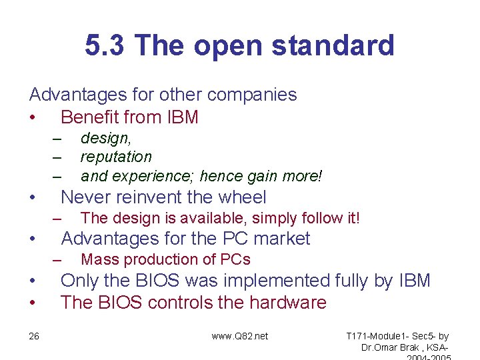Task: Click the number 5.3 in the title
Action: (x=105, y=46)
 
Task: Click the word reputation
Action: (x=116, y=157)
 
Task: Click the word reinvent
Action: (x=156, y=197)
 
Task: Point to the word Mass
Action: (x=95, y=259)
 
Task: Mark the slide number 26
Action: (x=34, y=336)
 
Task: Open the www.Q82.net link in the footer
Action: (x=240, y=336)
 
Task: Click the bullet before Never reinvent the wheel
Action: (x=32, y=198)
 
